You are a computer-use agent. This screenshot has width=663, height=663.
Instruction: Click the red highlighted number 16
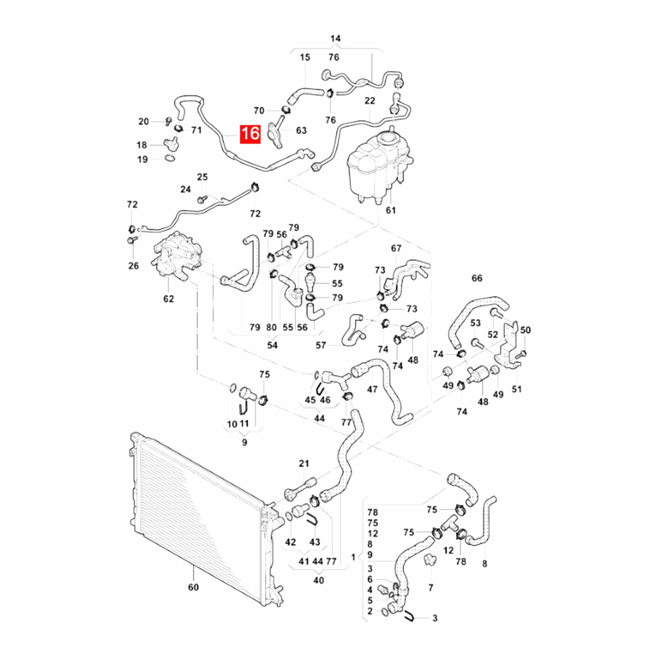pyautogui.click(x=250, y=134)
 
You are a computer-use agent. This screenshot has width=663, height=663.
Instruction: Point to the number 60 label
pyautogui.click(x=194, y=587)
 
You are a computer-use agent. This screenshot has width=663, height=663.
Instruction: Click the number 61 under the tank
pyautogui.click(x=391, y=211)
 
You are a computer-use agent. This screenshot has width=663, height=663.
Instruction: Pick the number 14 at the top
pyautogui.click(x=336, y=39)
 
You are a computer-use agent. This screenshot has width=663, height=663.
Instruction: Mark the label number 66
pyautogui.click(x=477, y=278)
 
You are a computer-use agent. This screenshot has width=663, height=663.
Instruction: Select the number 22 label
pyautogui.click(x=370, y=101)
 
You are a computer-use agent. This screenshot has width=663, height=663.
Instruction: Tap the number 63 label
pyautogui.click(x=301, y=131)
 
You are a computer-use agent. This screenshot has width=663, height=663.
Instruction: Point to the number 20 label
pyautogui.click(x=143, y=121)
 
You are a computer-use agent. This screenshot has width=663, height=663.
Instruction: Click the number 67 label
pyautogui.click(x=396, y=248)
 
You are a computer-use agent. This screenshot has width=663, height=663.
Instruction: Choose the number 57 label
pyautogui.click(x=321, y=345)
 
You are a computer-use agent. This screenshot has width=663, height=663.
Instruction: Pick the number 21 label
pyautogui.click(x=304, y=464)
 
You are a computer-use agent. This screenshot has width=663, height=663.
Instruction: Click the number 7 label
pyautogui.click(x=431, y=588)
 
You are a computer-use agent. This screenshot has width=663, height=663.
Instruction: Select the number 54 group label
pyautogui.click(x=272, y=346)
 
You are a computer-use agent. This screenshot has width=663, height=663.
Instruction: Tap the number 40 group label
pyautogui.click(x=318, y=581)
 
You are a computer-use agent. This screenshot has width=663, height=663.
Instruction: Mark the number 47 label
pyautogui.click(x=372, y=390)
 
